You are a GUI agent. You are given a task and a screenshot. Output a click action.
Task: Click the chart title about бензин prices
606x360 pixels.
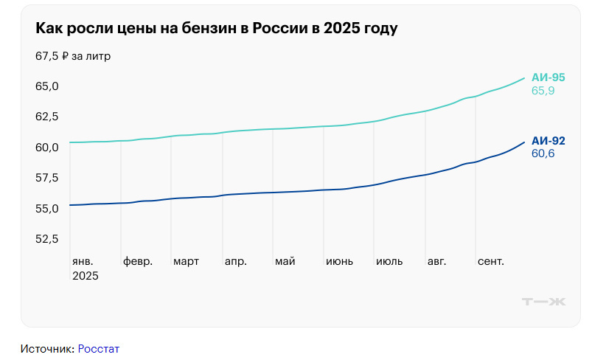[x=216, y=29]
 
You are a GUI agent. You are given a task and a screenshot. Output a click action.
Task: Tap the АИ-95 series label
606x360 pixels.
[x=548, y=77]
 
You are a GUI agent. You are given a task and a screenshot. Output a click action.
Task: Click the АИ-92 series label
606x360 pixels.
[x=548, y=141]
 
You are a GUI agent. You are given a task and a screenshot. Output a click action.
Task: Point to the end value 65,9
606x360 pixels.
[x=543, y=91]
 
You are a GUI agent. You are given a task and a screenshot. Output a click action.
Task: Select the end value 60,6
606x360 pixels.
[x=543, y=154]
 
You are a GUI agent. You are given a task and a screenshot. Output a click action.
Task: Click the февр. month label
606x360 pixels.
[x=138, y=262]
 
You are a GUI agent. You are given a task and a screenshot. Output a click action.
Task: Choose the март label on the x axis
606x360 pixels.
[x=186, y=262]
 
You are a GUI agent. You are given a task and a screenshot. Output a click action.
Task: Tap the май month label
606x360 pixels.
[x=285, y=262]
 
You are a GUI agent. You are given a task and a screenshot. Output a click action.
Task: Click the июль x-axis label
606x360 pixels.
[x=389, y=262]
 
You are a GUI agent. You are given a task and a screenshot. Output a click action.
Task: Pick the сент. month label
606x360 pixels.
[x=490, y=262]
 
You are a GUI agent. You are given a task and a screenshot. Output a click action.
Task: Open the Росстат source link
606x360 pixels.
[x=98, y=348]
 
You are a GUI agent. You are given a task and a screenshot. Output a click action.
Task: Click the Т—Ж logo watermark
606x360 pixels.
[x=543, y=301]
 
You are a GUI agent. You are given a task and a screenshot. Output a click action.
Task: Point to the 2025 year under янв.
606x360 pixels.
[x=85, y=276]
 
